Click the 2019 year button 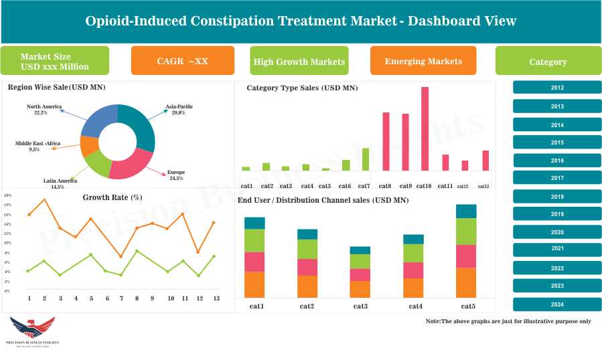(556, 214)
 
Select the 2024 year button (556, 304)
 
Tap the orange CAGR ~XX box (182, 61)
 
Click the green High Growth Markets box (299, 62)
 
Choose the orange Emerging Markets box (423, 61)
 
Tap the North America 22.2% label (44, 110)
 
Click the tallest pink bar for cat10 (425, 128)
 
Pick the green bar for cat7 (366, 159)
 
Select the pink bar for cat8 (386, 141)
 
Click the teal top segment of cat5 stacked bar (465, 211)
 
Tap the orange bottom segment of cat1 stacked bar (254, 284)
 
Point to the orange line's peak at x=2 (45, 199)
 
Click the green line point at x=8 (137, 251)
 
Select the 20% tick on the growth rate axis (8, 195)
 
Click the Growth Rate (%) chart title (112, 197)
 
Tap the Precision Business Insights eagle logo (31, 328)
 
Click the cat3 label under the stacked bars (360, 306)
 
